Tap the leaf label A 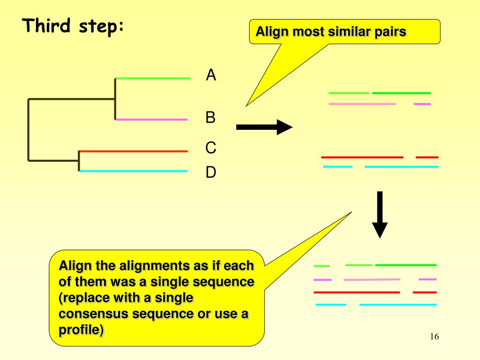click(211, 75)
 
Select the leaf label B click(210, 117)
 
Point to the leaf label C click(210, 148)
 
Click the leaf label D click(210, 173)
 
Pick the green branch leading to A click(153, 78)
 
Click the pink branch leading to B click(151, 120)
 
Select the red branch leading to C click(134, 151)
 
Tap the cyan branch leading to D click(134, 171)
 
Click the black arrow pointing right click(264, 127)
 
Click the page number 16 click(434, 337)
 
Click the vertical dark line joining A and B click(115, 98)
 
